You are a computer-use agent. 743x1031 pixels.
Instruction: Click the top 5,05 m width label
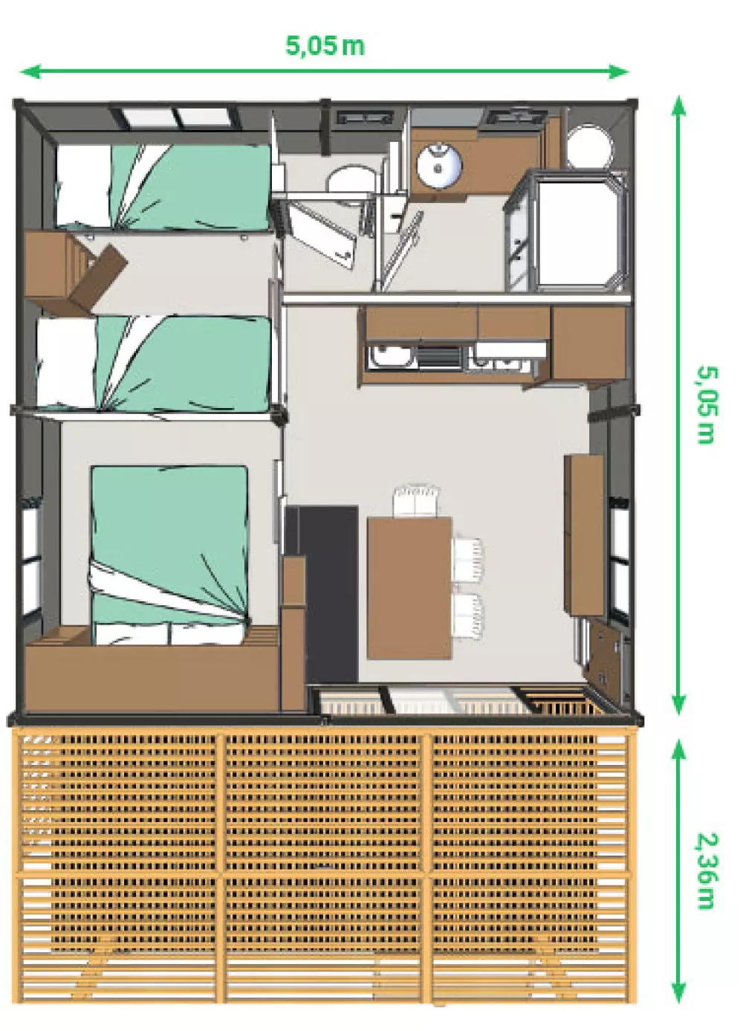325,45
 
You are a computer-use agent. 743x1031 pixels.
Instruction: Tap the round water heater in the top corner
588,146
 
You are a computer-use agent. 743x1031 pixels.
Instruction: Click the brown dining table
409,587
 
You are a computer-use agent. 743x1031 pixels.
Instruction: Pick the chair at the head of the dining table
417,501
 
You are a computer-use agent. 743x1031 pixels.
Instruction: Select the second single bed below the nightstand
156,363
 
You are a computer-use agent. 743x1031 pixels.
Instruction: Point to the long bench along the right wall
584,534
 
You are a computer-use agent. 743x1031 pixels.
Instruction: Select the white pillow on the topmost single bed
83,186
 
